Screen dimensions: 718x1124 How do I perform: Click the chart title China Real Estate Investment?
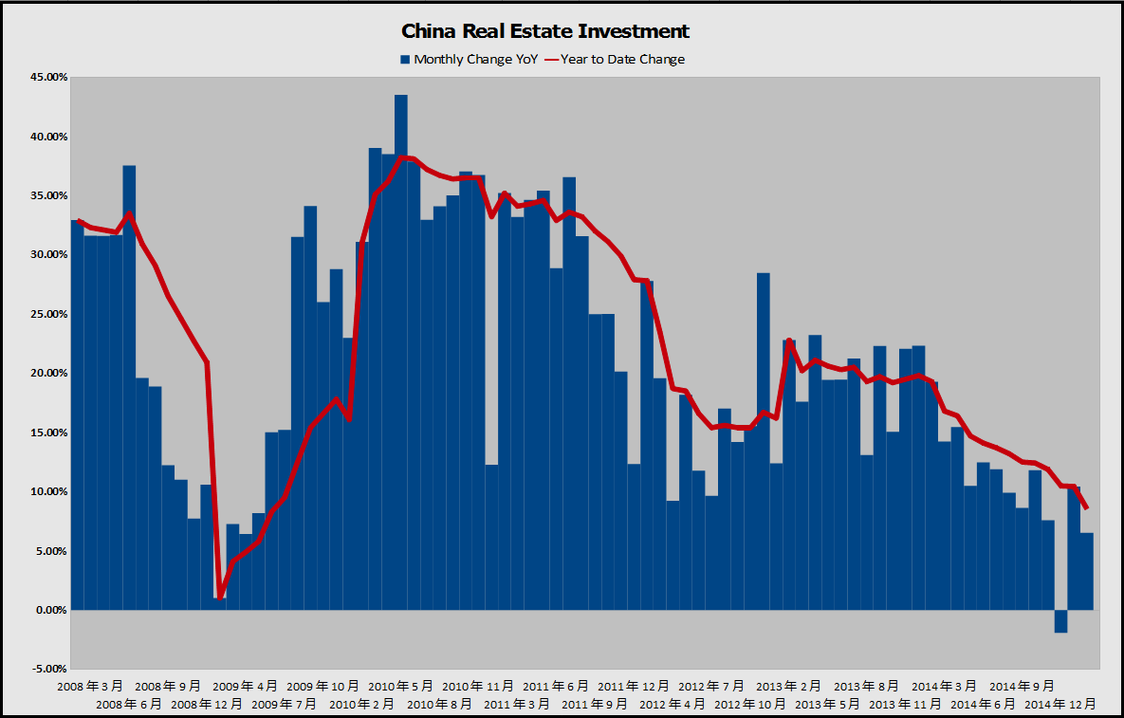(545, 31)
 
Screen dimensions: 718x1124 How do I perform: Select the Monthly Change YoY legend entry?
(469, 59)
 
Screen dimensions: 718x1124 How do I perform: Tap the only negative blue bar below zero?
(1060, 621)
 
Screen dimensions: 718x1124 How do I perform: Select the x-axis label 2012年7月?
(711, 685)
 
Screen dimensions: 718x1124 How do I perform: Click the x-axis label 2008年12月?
(207, 704)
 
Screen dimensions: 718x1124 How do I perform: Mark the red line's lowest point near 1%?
(220, 598)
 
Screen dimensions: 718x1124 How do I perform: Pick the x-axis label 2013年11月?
(906, 704)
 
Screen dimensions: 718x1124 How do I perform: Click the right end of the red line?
(1087, 508)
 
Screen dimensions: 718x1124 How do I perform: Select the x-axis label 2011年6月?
(556, 685)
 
